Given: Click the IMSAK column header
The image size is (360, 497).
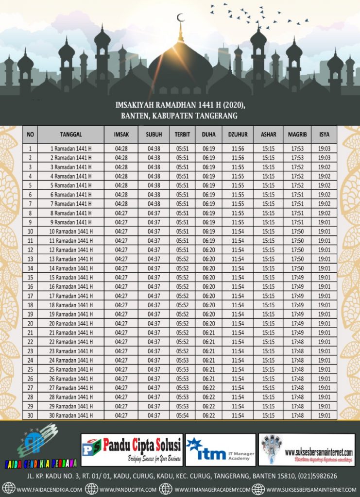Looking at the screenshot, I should (x=121, y=134).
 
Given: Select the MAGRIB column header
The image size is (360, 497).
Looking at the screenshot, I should (x=297, y=134).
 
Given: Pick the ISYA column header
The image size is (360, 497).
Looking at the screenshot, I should (x=324, y=134).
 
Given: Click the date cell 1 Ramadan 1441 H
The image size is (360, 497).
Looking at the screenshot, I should (x=71, y=149).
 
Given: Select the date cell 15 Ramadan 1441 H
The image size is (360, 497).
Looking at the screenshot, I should (x=71, y=278).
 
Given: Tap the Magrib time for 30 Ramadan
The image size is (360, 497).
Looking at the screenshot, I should (x=297, y=415).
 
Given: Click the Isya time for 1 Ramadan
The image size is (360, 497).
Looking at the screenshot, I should (x=324, y=149).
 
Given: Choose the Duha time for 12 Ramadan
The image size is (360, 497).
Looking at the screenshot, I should (x=209, y=250).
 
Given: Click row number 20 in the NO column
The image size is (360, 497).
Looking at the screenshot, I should (x=30, y=323).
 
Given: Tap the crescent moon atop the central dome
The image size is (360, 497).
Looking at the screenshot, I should (x=181, y=18).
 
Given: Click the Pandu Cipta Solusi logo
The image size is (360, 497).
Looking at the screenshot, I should (x=132, y=449).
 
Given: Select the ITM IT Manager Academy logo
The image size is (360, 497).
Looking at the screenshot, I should (x=221, y=449).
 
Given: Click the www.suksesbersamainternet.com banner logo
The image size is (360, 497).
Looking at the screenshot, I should (x=307, y=449).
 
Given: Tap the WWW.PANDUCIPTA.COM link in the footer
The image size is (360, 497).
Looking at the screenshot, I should (x=127, y=489).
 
